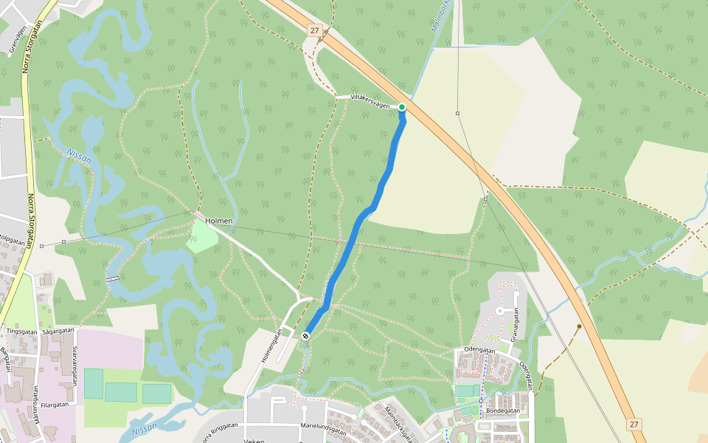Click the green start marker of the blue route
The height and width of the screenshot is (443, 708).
coord(402,108)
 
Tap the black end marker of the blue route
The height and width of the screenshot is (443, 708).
coord(305,336)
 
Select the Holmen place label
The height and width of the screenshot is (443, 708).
coord(218,221)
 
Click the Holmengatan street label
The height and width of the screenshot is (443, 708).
coord(271,346)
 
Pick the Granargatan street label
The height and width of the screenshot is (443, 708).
coord(516,325)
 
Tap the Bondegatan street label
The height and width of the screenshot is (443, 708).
coord(504,411)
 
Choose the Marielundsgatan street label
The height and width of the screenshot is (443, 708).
coord(324,426)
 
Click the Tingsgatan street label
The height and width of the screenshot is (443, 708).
coord(21,332)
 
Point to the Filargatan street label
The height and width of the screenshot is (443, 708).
coord(55,405)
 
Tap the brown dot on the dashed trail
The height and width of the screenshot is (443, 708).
coord(580,326)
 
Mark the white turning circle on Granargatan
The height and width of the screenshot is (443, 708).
coord(499,311)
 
